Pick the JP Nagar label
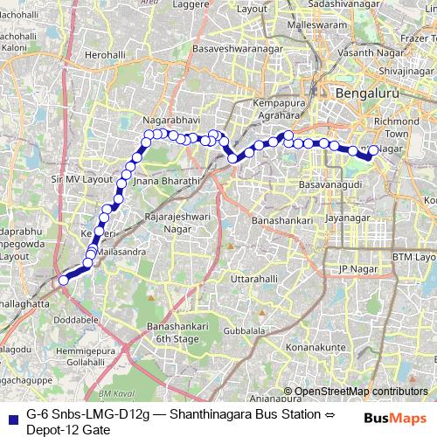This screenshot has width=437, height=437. tap(356, 268)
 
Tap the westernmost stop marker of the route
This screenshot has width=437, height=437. tap(63, 280)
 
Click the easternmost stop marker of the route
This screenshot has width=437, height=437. tap(374, 150)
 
